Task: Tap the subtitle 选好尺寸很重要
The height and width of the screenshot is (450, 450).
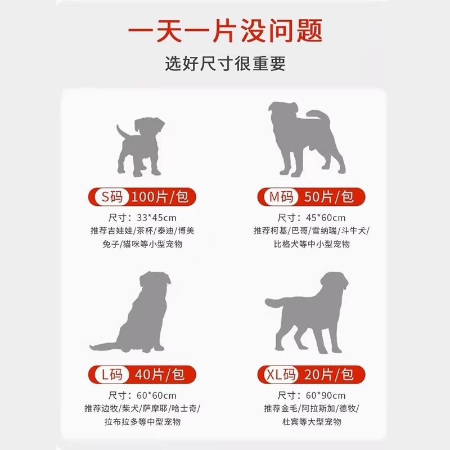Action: click(225, 62)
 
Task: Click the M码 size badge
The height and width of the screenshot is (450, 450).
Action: click(280, 197)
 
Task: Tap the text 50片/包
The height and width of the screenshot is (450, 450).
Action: click(329, 197)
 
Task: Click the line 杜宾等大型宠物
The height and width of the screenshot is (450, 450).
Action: click(310, 421)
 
